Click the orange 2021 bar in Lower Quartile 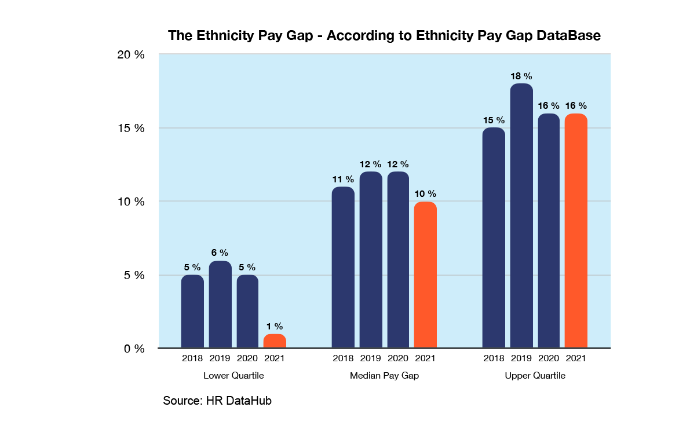pyautogui.click(x=275, y=341)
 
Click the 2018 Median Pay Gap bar pyautogui.click(x=343, y=267)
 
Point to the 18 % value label pyautogui.click(x=521, y=76)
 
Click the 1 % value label pyautogui.click(x=275, y=327)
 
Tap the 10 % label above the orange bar pyautogui.click(x=425, y=193)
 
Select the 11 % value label pyautogui.click(x=343, y=179)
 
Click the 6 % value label pyautogui.click(x=220, y=252)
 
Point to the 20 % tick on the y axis pyautogui.click(x=131, y=55)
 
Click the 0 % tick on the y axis pyautogui.click(x=134, y=349)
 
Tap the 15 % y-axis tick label pyautogui.click(x=131, y=128)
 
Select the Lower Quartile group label pyautogui.click(x=233, y=376)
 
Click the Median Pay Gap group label pyautogui.click(x=384, y=376)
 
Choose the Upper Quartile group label pyautogui.click(x=535, y=376)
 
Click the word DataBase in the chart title pyautogui.click(x=563, y=35)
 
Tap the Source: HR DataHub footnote pyautogui.click(x=217, y=401)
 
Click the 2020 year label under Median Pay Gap pyautogui.click(x=398, y=358)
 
